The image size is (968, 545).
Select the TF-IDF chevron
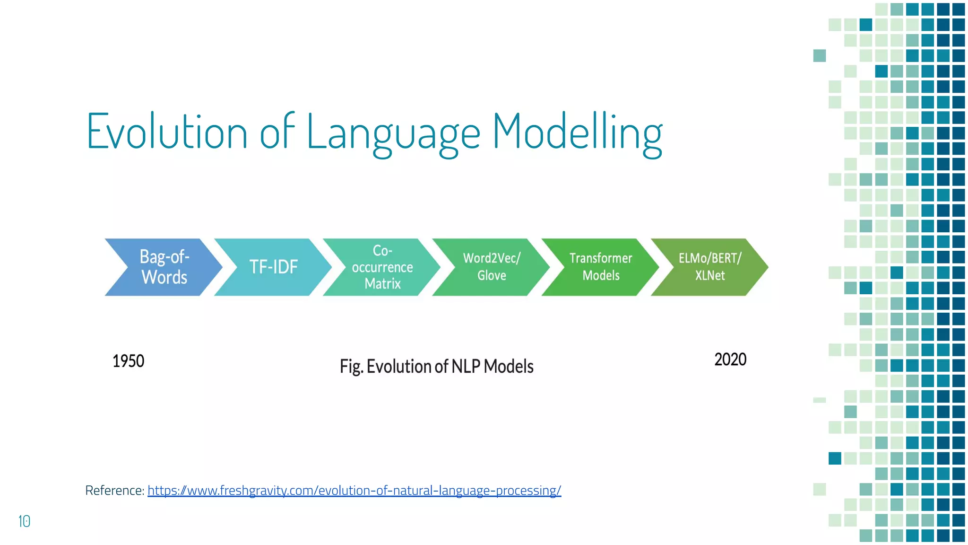coord(273,267)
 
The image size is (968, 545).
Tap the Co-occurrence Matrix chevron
coord(382,267)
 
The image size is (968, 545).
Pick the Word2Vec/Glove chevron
coord(492,267)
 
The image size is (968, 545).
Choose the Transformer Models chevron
coord(601,267)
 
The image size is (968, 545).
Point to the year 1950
coord(128,361)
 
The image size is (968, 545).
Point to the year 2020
coord(730,360)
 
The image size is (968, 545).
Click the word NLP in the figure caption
coord(466,367)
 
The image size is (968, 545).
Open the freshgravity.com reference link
coord(354,491)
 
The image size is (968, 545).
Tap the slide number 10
coord(24,521)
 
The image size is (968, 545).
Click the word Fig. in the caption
coord(351,367)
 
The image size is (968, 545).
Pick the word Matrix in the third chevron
coord(382,284)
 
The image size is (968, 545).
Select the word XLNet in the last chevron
coord(710,275)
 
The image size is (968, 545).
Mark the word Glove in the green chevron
coord(492,275)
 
